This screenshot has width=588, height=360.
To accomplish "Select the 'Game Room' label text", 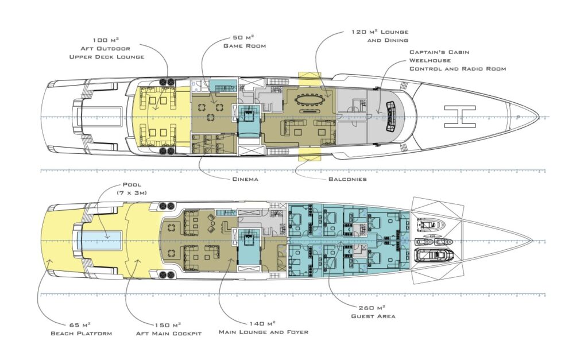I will pos(245,45).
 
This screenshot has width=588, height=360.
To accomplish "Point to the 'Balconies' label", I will pos(347,179).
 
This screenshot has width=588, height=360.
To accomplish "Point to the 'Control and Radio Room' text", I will pos(458,68).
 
